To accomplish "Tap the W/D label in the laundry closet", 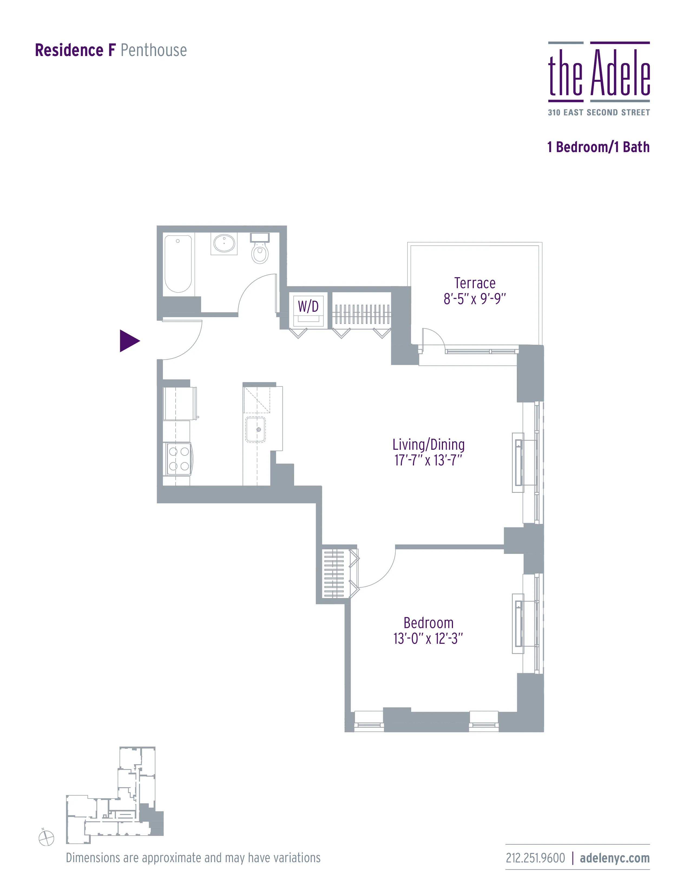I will [308, 306].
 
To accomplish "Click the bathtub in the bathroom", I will [178, 264].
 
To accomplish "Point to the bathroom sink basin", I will [224, 243].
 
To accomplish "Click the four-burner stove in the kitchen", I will [179, 459].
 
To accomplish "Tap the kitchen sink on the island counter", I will [255, 429].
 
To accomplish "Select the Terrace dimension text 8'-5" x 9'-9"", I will [475, 299].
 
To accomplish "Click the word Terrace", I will [475, 283].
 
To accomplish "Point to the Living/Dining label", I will [428, 444].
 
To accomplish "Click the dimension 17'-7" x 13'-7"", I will [428, 460].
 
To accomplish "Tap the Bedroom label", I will [428, 623].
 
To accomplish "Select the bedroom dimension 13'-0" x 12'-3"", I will [428, 638].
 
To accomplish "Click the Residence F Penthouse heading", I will [111, 50].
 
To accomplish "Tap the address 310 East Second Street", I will [599, 113].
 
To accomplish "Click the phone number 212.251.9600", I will [535, 858].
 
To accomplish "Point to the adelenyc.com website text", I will [615, 858].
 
